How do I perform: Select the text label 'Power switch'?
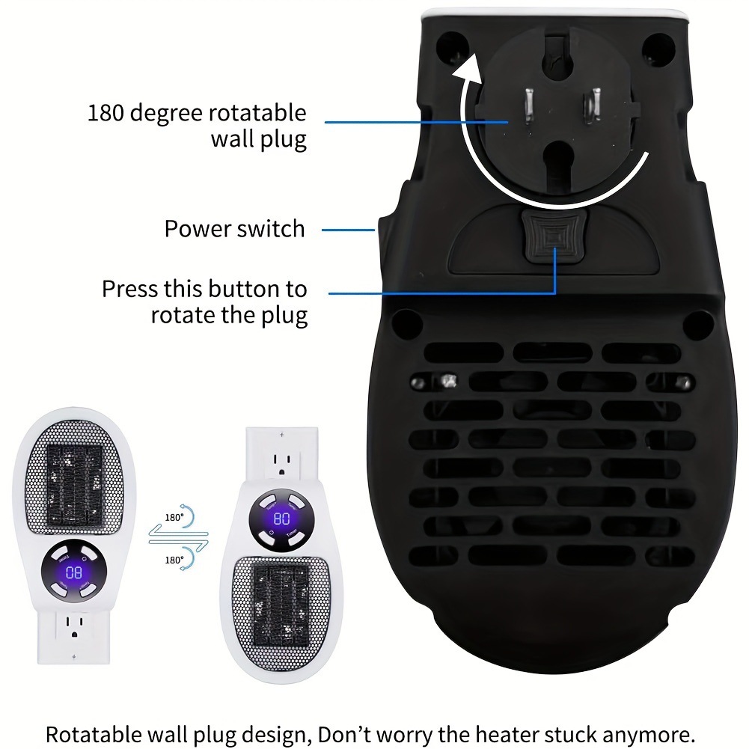[x=234, y=229]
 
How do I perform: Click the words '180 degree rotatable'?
[x=197, y=114]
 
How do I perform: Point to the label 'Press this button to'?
[x=204, y=289]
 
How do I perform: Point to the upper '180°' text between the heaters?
[x=174, y=517]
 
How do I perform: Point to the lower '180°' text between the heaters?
[x=174, y=559]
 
